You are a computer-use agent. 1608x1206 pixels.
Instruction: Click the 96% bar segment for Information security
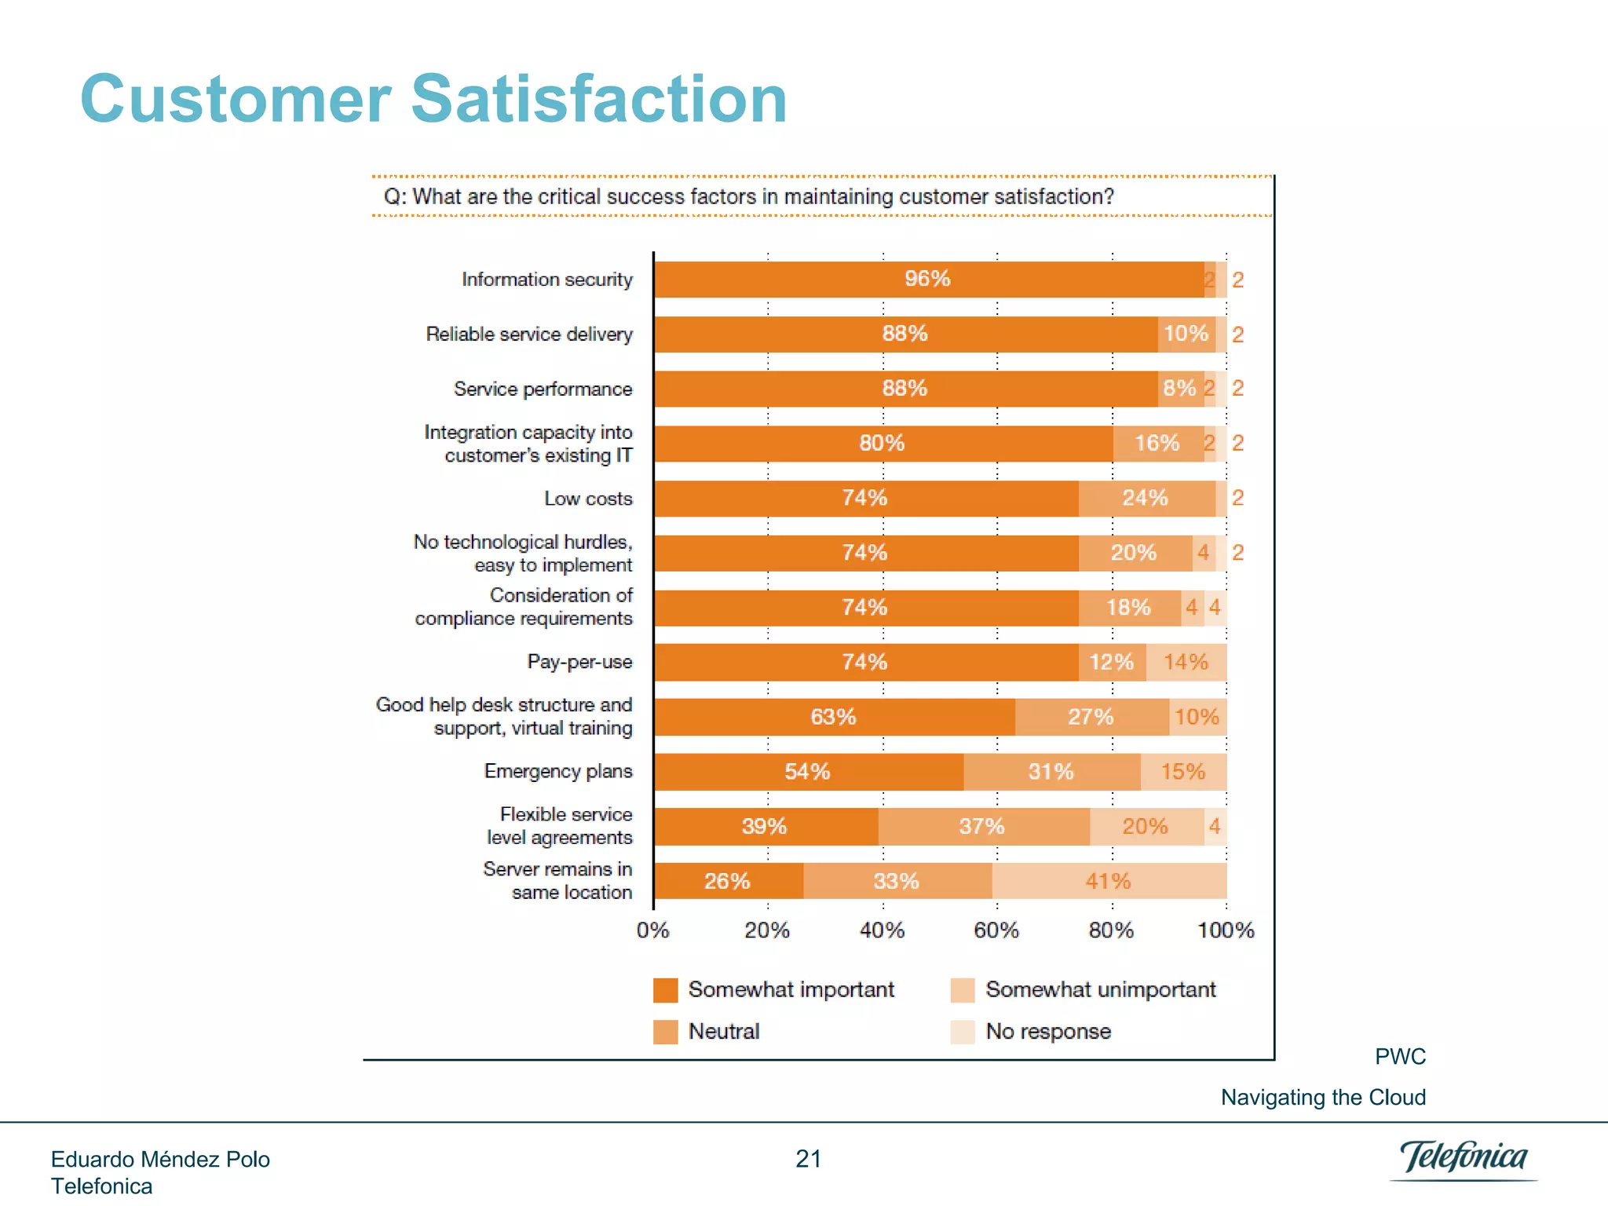928,280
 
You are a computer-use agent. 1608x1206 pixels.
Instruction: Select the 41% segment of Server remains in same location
1109,881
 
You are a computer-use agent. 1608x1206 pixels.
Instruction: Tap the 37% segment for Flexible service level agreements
983,826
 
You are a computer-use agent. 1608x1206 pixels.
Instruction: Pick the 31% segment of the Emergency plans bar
1051,772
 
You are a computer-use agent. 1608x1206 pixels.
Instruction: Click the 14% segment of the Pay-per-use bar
1186,662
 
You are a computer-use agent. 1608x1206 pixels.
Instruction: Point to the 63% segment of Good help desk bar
834,717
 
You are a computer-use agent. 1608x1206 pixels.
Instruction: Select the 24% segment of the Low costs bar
1146,498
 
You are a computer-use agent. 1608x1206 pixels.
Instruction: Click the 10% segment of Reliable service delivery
1186,334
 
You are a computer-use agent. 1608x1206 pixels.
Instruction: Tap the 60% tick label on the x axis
996,930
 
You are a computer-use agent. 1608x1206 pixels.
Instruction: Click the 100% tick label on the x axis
1226,930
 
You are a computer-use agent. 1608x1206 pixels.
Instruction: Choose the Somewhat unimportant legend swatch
963,990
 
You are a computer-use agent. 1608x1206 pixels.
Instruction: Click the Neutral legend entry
723,1031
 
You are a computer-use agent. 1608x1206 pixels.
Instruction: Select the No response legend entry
1048,1031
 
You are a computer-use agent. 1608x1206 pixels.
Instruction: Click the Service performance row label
543,389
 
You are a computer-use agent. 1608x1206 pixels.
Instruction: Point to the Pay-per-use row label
579,662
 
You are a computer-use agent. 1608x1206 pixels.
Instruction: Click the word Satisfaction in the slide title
598,100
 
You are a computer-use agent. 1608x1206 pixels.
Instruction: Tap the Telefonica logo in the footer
1464,1158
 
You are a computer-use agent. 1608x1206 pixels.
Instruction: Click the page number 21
808,1159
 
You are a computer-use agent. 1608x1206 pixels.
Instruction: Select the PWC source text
1400,1057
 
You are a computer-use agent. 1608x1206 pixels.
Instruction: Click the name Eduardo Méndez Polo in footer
160,1160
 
